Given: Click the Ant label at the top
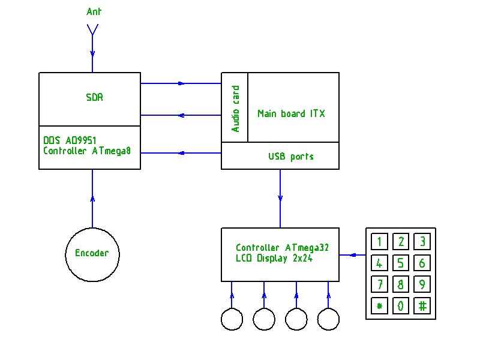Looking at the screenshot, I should (94, 12).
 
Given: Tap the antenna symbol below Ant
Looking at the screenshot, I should (92, 29).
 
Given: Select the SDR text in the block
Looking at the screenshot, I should (94, 97).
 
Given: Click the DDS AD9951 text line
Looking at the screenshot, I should (70, 140).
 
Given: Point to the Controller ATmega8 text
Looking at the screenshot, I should (87, 151).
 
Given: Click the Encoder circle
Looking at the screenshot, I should (92, 253).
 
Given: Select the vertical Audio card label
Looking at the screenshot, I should (235, 108).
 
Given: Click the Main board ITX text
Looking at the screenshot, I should (291, 113).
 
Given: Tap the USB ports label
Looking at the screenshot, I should (291, 157).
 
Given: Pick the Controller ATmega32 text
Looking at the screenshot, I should (282, 247).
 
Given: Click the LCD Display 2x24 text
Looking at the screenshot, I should (274, 259).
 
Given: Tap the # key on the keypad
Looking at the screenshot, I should (422, 306).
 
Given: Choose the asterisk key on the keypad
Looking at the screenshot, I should (379, 306).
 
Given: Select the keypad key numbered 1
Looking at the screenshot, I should (379, 242).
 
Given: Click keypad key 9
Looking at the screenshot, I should (422, 284).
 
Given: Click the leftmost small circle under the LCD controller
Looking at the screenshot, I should (232, 319).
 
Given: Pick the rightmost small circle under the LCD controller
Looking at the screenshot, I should (328, 319).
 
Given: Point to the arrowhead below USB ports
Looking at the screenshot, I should (280, 198).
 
